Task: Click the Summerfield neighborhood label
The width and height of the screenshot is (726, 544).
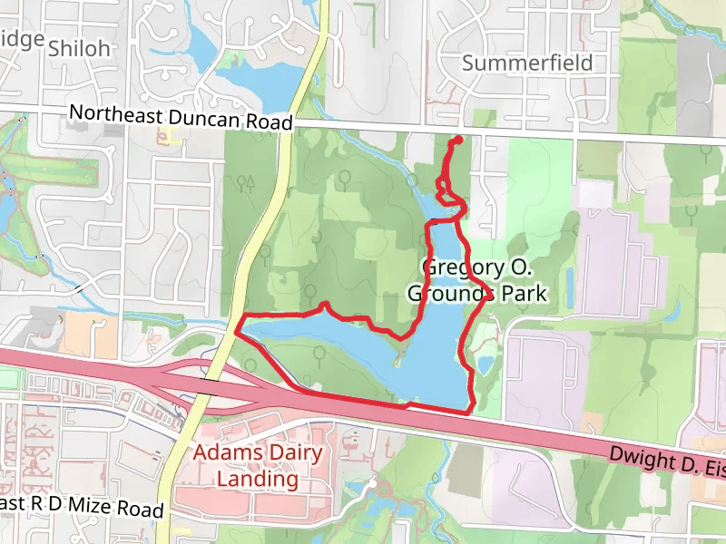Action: click(x=527, y=63)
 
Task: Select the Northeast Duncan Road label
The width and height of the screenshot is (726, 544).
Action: click(x=181, y=118)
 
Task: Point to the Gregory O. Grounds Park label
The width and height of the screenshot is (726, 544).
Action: click(x=476, y=280)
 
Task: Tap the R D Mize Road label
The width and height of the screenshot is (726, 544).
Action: click(x=83, y=507)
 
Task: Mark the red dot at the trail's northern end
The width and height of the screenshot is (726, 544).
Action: click(x=457, y=140)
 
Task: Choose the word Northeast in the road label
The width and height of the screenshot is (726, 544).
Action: click(x=110, y=113)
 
